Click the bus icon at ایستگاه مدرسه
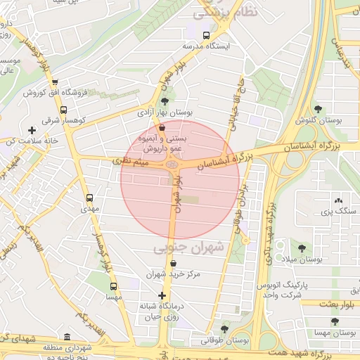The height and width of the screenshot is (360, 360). [x=206, y=35]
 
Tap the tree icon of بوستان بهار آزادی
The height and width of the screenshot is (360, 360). [x=165, y=102]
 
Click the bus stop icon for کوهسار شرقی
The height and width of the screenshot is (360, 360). [x=64, y=110]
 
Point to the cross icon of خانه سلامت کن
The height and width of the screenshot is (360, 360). [x=32, y=130]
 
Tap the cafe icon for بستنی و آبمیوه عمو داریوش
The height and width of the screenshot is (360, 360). [x=162, y=128]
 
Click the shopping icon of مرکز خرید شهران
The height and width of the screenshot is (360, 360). [x=173, y=264]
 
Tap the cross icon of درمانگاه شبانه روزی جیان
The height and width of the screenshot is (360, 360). [x=162, y=295]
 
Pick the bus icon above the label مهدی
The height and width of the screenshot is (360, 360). [x=89, y=198]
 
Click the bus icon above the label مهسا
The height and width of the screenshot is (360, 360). [x=113, y=286]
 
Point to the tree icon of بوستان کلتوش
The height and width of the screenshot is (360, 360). [x=319, y=109]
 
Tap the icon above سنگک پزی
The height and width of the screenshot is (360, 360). [x=338, y=200]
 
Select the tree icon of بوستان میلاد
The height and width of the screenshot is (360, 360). [x=302, y=248]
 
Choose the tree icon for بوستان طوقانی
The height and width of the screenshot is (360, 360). [x=224, y=329]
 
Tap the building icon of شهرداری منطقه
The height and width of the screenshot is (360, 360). [x=67, y=337]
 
